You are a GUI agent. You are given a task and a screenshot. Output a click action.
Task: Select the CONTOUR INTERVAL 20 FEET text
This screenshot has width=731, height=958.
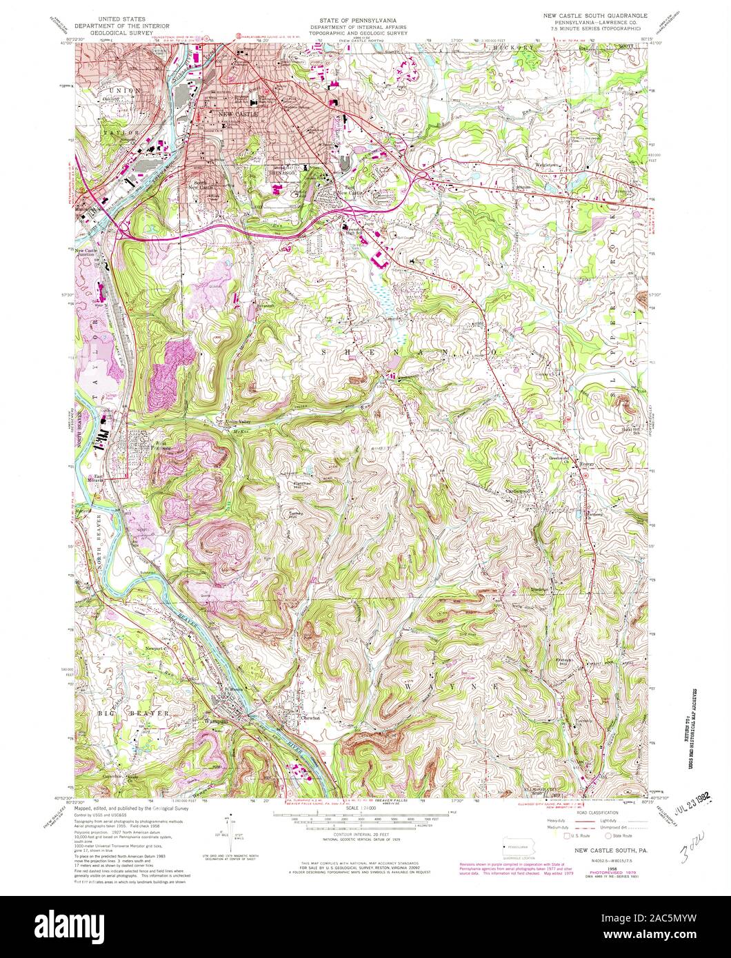coord(364,835)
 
